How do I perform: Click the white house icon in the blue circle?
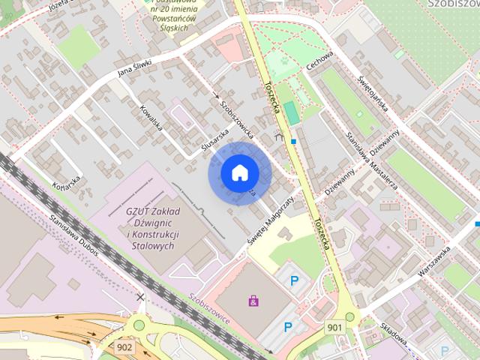238,173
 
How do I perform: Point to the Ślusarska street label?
214,141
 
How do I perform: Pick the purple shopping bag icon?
254,301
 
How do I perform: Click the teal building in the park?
291,113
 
